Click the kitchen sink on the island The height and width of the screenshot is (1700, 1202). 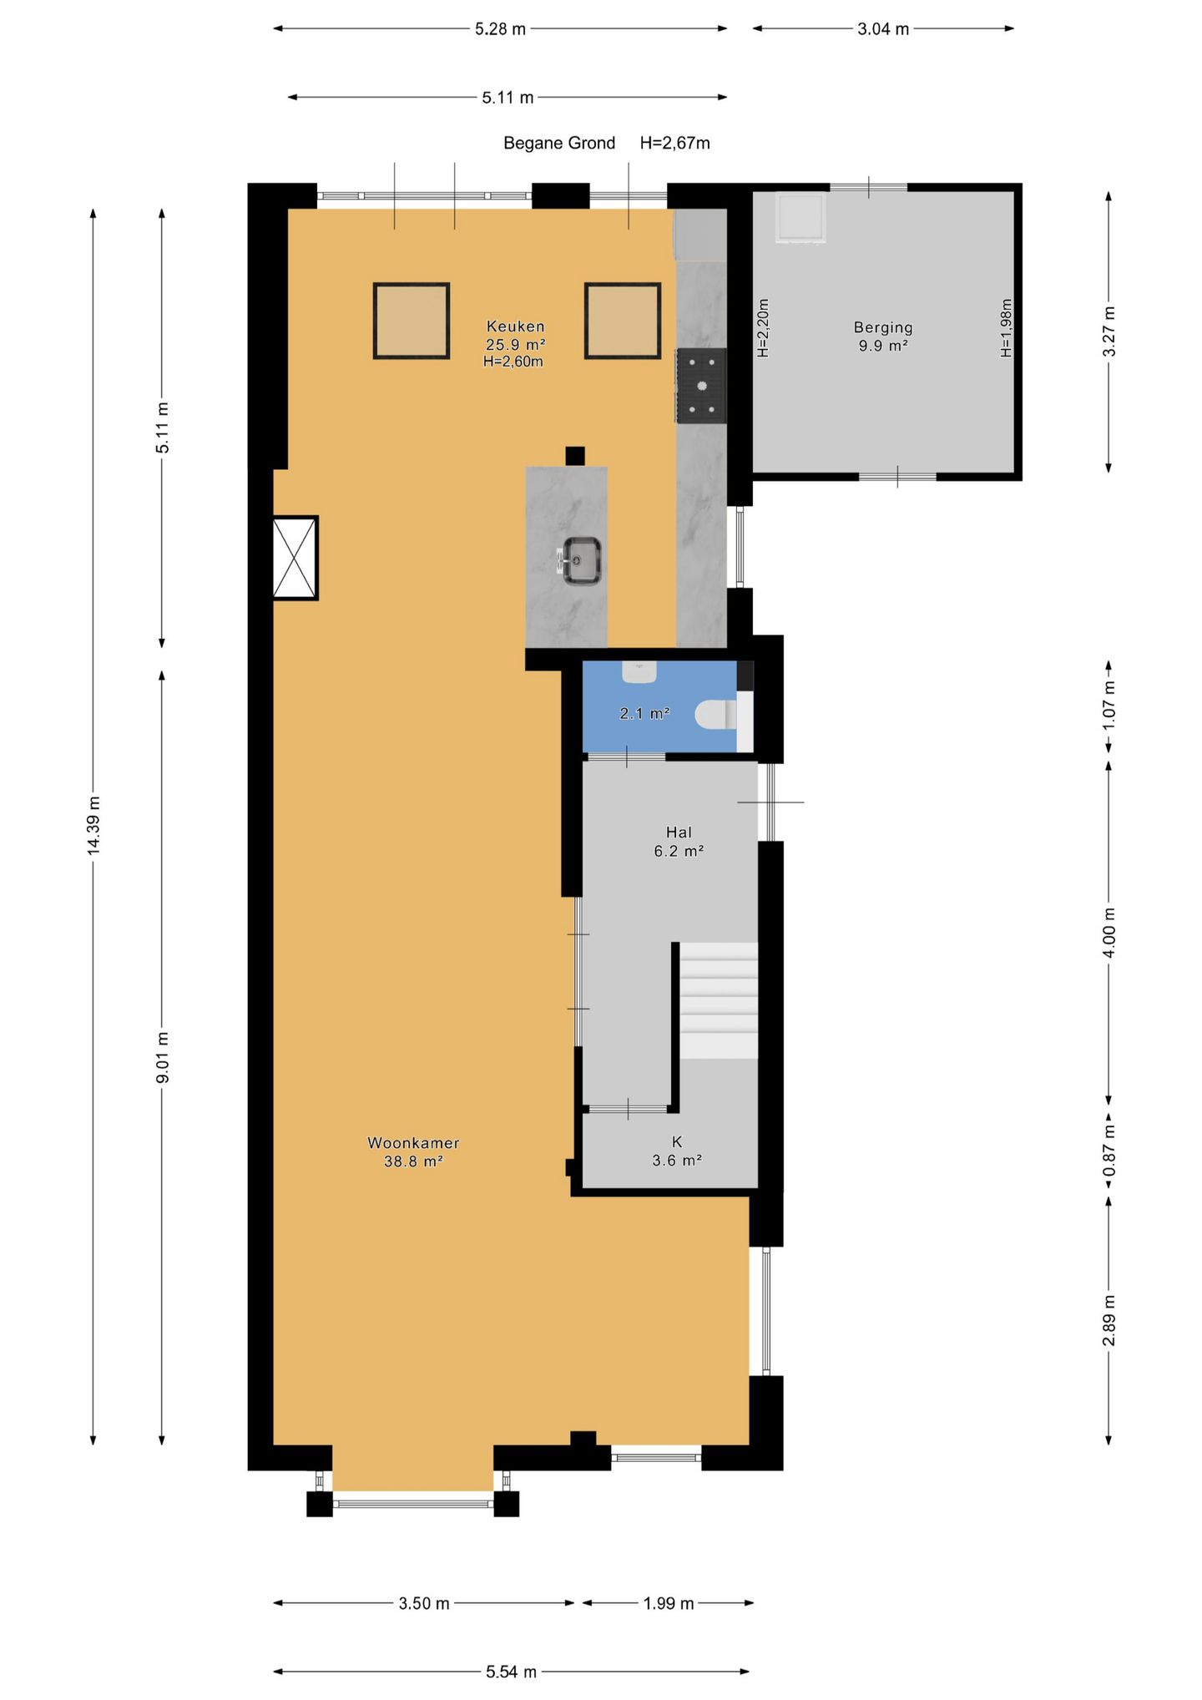pos(581,560)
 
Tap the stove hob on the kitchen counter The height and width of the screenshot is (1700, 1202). pos(701,386)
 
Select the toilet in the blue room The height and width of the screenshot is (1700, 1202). pos(716,715)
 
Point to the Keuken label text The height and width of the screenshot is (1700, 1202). pos(515,326)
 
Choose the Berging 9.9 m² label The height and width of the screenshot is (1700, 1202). pos(883,336)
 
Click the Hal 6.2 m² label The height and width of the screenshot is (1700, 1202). pos(679,842)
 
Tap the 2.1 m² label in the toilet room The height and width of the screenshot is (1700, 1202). pos(644,714)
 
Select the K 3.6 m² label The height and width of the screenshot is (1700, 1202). pos(677,1151)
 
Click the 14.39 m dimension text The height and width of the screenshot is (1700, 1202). pos(93,825)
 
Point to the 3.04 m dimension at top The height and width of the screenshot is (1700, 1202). pos(883,28)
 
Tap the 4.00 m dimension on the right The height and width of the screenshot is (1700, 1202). pos(1109,932)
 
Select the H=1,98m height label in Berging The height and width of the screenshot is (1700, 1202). pos(1006,328)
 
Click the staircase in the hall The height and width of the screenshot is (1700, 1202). pos(718,1000)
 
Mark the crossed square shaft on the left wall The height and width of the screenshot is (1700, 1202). pos(295,558)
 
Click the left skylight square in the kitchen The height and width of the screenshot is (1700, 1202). pos(412,321)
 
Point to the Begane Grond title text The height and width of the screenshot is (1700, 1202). pos(559,143)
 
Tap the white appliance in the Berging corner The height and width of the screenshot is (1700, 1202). pos(800,218)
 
